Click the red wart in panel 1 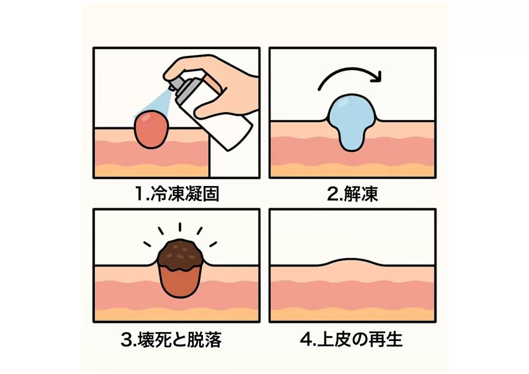151,130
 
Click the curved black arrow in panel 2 351,69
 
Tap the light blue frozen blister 352,121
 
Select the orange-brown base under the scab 180,282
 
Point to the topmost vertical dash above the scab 180,227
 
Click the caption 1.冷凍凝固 177,194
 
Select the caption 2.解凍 352,194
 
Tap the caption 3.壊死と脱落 172,339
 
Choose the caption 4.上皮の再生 351,339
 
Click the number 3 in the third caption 127,340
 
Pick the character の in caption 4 360,340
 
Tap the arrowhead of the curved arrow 377,77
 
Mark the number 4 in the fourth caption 306,340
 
